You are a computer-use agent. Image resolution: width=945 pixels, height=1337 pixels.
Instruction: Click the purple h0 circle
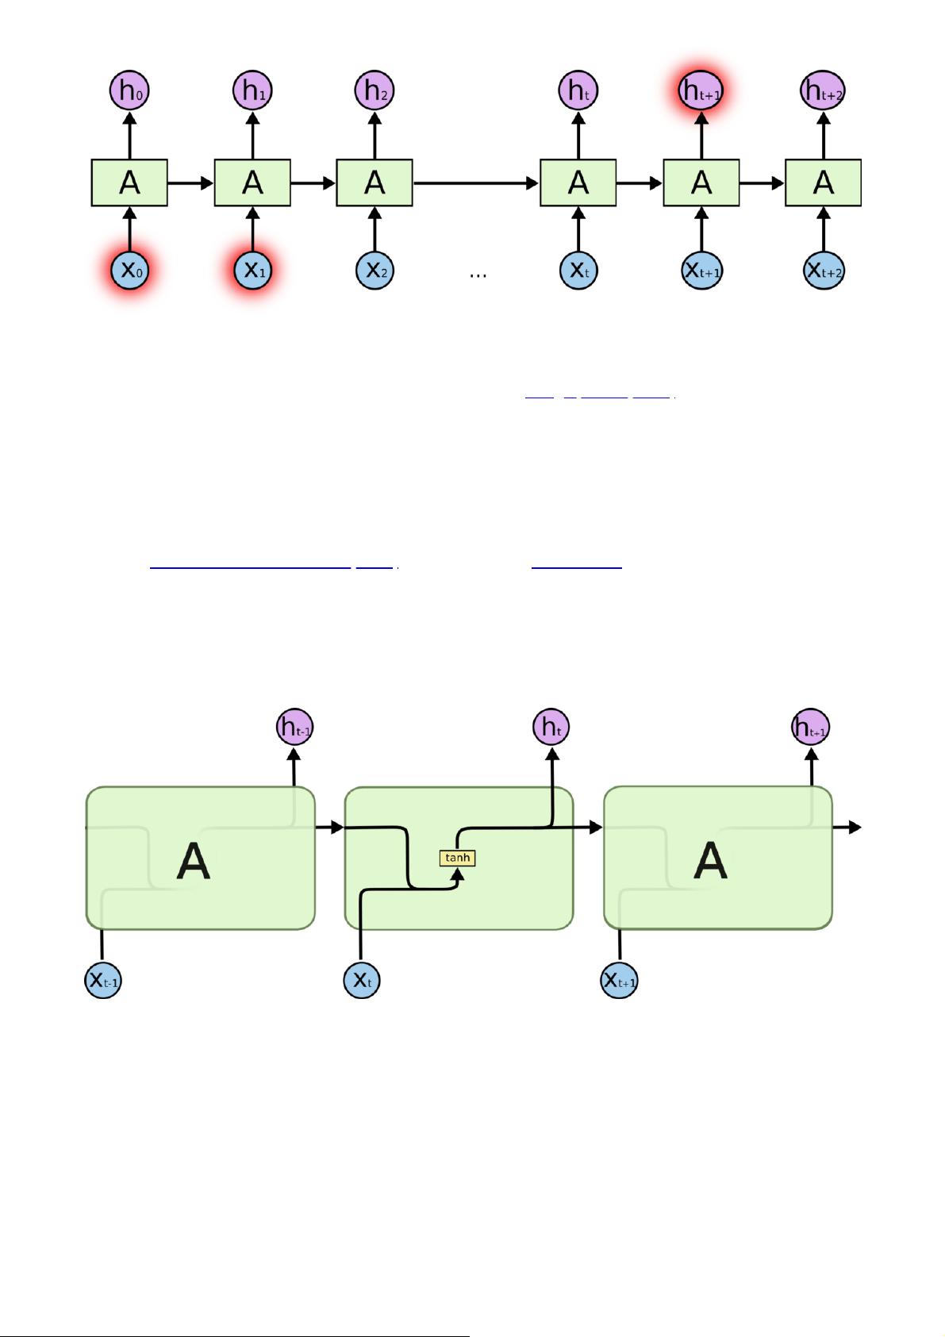click(129, 90)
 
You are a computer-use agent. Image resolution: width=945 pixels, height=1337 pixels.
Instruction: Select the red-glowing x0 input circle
click(129, 270)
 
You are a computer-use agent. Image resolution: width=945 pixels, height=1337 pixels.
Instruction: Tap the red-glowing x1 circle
click(252, 270)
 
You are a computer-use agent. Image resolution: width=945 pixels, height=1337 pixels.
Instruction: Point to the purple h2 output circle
click(375, 90)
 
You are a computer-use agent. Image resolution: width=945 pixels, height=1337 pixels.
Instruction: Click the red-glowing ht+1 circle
click(701, 90)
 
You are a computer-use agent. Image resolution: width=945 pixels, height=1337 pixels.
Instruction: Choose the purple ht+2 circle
click(823, 90)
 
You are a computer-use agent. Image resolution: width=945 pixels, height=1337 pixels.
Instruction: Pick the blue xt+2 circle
click(824, 270)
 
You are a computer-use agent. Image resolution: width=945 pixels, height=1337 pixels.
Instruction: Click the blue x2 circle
click(375, 270)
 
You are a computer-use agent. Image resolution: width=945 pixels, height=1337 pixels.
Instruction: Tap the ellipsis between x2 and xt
click(478, 275)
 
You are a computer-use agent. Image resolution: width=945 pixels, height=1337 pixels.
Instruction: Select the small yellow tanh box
click(458, 858)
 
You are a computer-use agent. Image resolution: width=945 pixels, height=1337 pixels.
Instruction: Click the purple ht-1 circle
click(294, 728)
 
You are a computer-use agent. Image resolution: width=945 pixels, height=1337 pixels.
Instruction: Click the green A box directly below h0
click(129, 183)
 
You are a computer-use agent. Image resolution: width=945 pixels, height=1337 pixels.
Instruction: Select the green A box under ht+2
click(823, 183)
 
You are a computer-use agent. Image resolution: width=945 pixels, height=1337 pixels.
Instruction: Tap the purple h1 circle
click(252, 90)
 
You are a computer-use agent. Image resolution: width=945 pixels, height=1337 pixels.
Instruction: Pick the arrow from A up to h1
click(252, 135)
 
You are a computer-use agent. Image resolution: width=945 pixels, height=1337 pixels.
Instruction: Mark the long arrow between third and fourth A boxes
click(476, 183)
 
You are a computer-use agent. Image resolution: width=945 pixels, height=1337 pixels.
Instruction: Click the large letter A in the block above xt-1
click(193, 861)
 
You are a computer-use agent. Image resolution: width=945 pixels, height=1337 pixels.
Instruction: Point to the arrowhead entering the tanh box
click(457, 874)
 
